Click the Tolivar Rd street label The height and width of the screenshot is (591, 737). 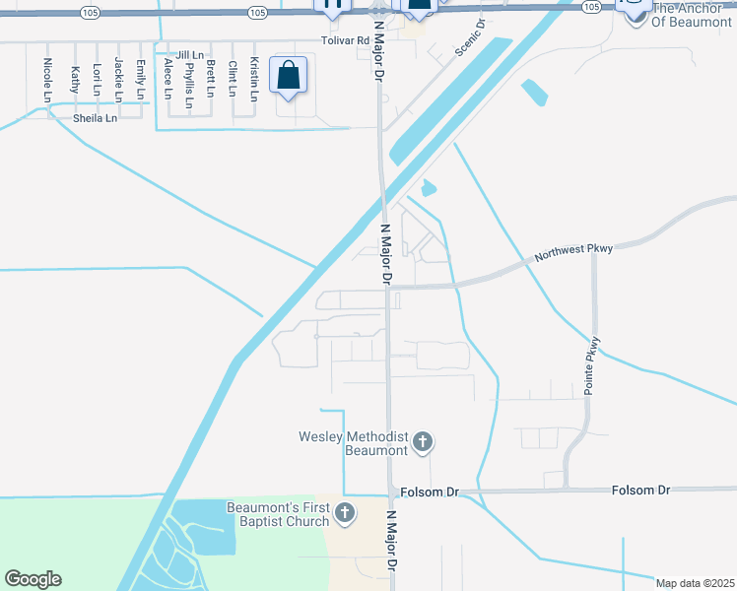click(344, 40)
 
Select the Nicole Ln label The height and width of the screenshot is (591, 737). click(47, 78)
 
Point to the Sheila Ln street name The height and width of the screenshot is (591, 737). click(95, 118)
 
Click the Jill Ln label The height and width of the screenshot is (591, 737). click(191, 55)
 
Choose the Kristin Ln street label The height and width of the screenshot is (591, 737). click(254, 80)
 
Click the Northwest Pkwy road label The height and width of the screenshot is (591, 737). click(573, 252)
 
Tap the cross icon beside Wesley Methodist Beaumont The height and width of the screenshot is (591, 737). click(423, 442)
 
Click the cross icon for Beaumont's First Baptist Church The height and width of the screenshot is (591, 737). click(345, 512)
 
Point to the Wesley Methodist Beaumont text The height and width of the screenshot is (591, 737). click(354, 443)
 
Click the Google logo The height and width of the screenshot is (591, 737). click(33, 579)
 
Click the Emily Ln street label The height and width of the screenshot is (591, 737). click(141, 79)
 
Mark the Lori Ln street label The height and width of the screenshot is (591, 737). click(97, 79)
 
